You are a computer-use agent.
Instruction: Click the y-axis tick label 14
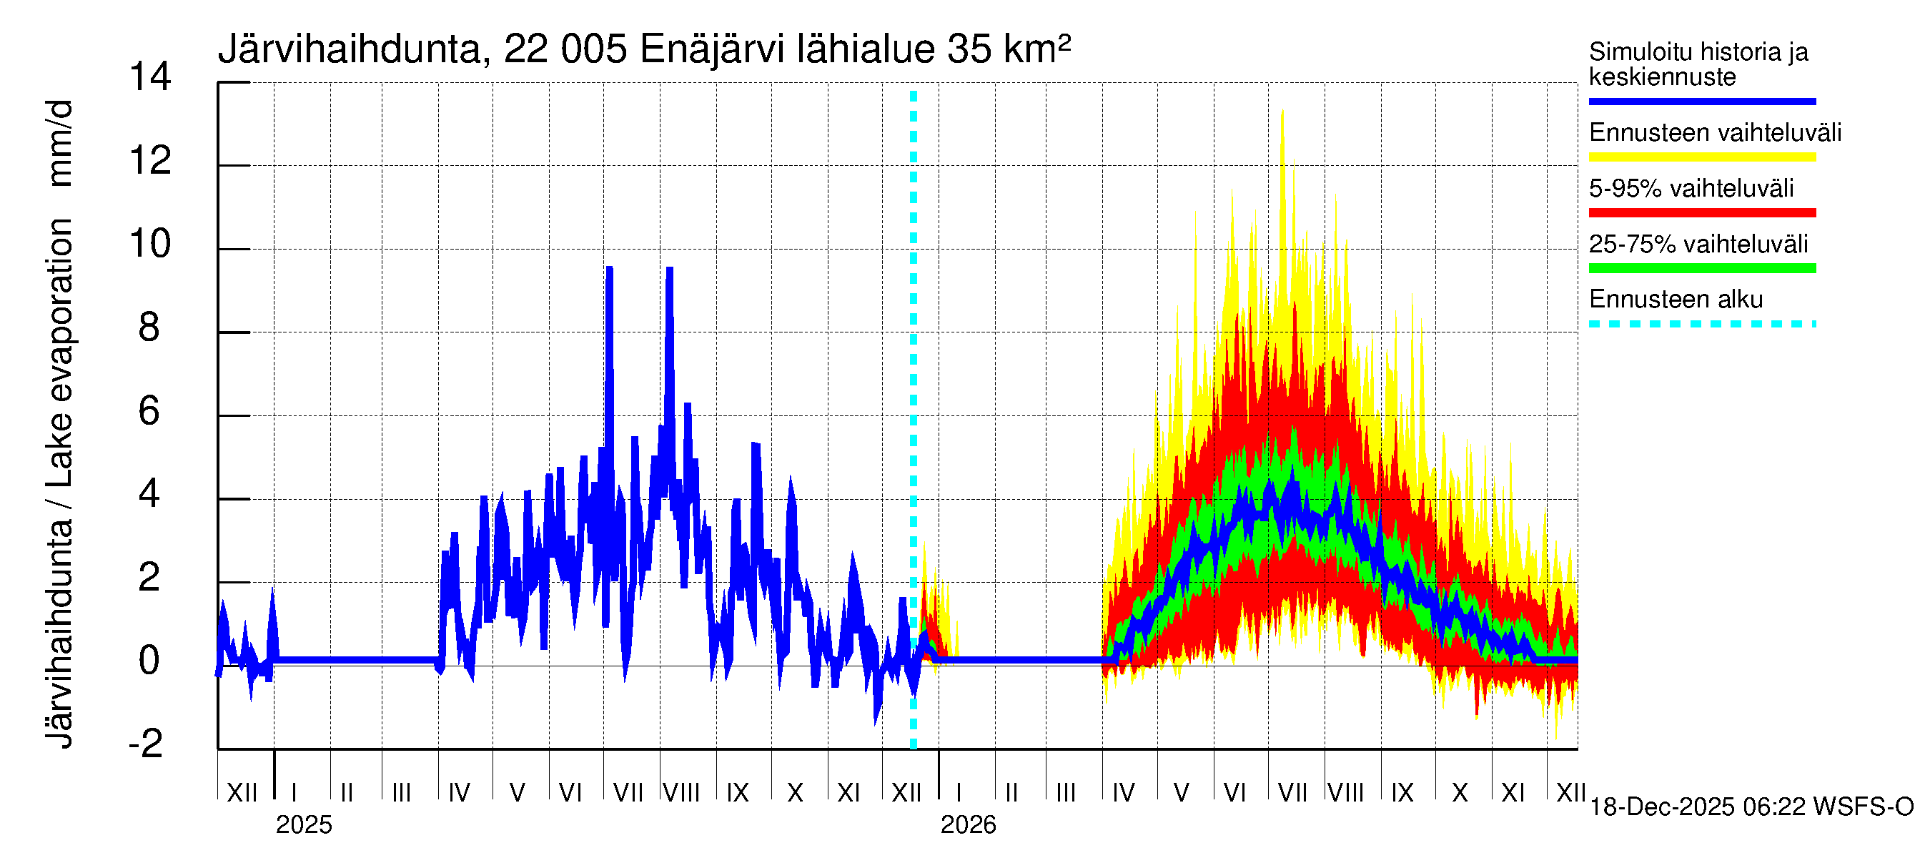click(150, 77)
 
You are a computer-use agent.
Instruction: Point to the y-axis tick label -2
click(146, 744)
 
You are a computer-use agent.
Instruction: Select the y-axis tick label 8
click(149, 327)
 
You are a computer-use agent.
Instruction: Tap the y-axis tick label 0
click(149, 660)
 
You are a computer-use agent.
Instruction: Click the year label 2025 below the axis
click(303, 825)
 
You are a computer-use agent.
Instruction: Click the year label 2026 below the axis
click(968, 825)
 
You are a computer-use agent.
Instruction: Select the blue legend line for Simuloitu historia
click(1701, 101)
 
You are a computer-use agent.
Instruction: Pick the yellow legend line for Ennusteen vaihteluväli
click(1701, 157)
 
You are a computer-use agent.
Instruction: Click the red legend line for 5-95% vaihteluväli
click(1701, 213)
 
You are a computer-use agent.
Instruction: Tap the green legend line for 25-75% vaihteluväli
click(1701, 268)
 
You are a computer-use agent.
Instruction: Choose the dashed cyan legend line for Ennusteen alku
click(1701, 325)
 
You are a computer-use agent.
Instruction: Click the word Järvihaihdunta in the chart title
click(349, 50)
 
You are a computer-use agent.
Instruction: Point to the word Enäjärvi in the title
click(712, 50)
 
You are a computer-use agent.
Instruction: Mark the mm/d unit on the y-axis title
click(60, 142)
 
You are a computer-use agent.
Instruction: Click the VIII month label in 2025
click(681, 793)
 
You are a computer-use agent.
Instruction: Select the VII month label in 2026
click(1292, 793)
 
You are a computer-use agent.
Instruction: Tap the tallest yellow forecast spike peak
click(1282, 111)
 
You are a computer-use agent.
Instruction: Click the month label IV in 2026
click(1123, 793)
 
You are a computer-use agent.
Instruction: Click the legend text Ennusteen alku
click(1676, 300)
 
